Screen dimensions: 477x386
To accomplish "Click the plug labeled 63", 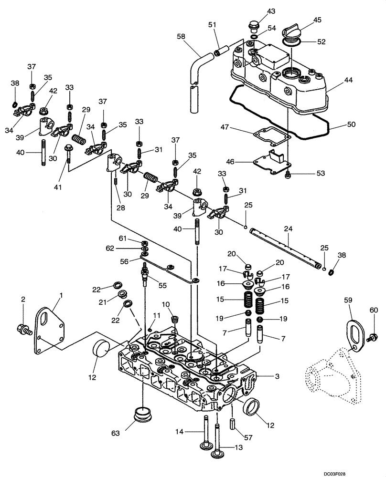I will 141,414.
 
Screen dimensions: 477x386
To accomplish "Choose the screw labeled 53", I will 289,176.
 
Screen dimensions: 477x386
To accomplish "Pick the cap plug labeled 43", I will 254,24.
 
